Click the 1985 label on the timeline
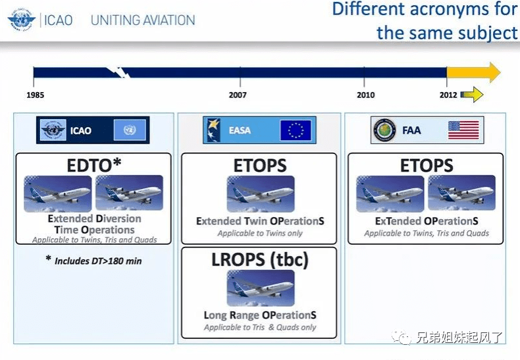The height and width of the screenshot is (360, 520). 36,95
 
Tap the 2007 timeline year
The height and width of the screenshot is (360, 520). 238,95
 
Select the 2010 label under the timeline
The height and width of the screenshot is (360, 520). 365,95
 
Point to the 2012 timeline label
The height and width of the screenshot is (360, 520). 448,95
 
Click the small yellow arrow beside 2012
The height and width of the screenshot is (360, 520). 472,95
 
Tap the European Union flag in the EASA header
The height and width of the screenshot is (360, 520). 296,130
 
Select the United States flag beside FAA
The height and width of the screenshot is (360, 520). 463,130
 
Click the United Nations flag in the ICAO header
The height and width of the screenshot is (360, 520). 129,130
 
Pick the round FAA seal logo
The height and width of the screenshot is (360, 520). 384,130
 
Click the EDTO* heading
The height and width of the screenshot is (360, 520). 94,165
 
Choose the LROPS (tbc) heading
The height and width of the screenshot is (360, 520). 259,259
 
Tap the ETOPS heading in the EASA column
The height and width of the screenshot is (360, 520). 260,165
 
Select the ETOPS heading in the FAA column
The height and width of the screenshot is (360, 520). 427,165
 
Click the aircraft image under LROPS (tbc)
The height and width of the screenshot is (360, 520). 261,288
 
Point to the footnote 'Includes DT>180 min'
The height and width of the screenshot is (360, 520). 93,261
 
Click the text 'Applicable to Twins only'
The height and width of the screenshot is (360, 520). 260,233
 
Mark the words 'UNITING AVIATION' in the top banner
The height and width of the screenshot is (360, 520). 143,20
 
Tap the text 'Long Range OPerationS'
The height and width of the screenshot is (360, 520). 260,315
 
